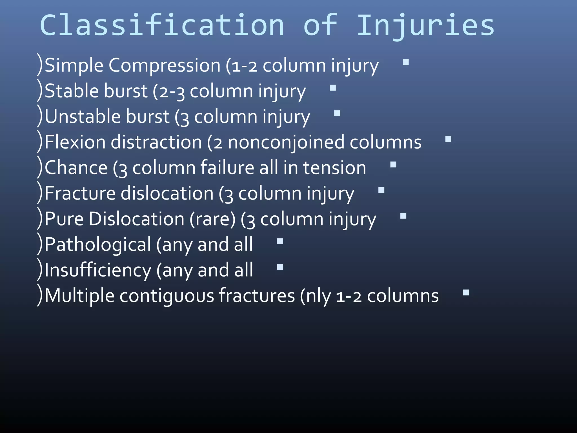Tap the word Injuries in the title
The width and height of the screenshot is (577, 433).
pos(425,26)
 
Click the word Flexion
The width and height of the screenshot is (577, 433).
pos(75,142)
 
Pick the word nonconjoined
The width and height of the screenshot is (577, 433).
pos(286,142)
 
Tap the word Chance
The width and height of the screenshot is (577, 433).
pos(76,168)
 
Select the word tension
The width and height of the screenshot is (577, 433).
pos(334,168)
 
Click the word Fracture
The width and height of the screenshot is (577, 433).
pos(80,193)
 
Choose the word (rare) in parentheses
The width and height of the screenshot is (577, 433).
pos(212,219)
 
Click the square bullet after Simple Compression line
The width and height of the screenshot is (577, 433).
pos(406,62)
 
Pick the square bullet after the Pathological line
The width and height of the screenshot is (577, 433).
pos(280,241)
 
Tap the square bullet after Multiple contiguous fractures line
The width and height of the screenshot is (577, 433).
pos(466,293)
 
